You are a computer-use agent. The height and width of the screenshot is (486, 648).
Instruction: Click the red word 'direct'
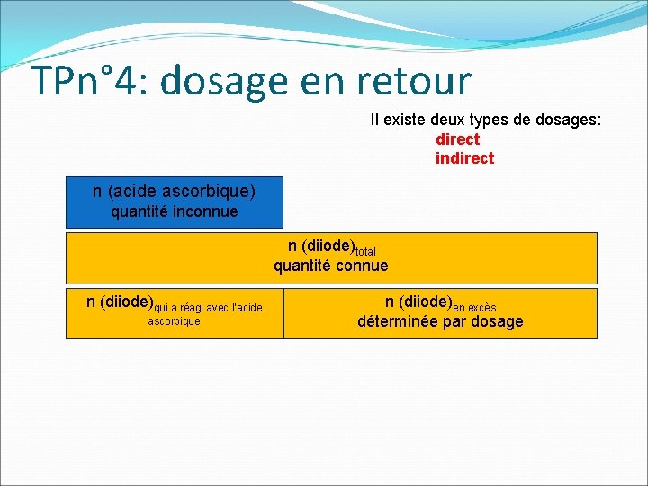coord(457,139)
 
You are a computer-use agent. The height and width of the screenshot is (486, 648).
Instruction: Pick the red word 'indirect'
coord(464,158)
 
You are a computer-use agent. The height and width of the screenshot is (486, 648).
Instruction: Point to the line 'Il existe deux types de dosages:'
coord(486,120)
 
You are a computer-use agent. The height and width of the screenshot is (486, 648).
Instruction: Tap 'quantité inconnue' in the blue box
coord(174,212)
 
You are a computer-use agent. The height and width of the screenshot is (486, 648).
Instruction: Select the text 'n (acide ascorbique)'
coord(174,191)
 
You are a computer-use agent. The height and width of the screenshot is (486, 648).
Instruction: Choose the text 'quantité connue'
coord(331,265)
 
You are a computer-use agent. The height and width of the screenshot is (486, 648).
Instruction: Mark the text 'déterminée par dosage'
coord(440,322)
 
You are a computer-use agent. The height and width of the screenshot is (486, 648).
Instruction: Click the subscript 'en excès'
coord(474,308)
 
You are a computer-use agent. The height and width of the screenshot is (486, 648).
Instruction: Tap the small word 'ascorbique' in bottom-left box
coord(174,321)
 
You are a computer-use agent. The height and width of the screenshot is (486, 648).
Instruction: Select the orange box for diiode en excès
coord(440,313)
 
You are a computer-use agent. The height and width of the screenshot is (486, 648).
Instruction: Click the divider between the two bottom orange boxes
coord(283,313)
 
